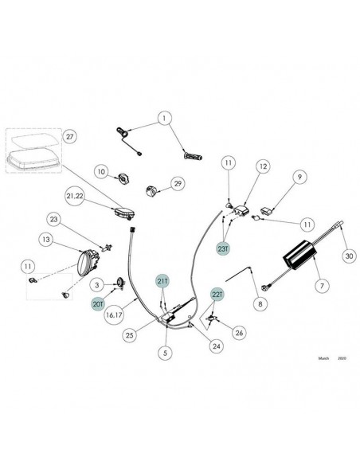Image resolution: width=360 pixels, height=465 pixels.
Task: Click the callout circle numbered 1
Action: pyautogui.click(x=164, y=119)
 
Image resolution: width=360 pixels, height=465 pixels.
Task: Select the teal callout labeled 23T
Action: pyautogui.click(x=223, y=248)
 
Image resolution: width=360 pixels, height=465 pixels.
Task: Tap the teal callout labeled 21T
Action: pyautogui.click(x=162, y=281)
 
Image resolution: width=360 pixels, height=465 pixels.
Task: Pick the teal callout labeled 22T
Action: pyautogui.click(x=217, y=295)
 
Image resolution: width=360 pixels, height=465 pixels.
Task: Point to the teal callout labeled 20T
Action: pyautogui.click(x=98, y=304)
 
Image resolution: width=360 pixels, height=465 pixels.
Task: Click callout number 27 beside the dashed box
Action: pyautogui.click(x=69, y=136)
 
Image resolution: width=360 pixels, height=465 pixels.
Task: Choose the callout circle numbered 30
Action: pyautogui.click(x=349, y=256)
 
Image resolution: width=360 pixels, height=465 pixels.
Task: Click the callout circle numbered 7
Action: pyautogui.click(x=322, y=286)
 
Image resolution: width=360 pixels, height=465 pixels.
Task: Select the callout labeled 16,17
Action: pyautogui.click(x=114, y=315)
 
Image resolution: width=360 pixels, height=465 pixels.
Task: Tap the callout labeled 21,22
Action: pyautogui.click(x=75, y=196)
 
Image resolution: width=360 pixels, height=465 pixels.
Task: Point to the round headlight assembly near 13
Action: pyautogui.click(x=87, y=263)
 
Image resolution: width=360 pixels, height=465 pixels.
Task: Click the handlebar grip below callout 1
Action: pyautogui.click(x=193, y=156)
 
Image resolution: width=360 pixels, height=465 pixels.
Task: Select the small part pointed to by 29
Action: pyautogui.click(x=151, y=190)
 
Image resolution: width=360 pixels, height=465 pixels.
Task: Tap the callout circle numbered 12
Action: pyautogui.click(x=263, y=166)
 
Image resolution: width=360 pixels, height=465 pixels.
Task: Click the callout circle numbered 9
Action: pyautogui.click(x=299, y=177)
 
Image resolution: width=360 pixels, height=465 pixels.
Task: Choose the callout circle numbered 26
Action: pyautogui.click(x=239, y=333)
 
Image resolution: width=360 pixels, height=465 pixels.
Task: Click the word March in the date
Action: pyautogui.click(x=323, y=358)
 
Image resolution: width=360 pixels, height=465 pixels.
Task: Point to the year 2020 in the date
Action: pyautogui.click(x=342, y=358)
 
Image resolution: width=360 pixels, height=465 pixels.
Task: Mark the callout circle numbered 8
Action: pyautogui.click(x=260, y=303)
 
